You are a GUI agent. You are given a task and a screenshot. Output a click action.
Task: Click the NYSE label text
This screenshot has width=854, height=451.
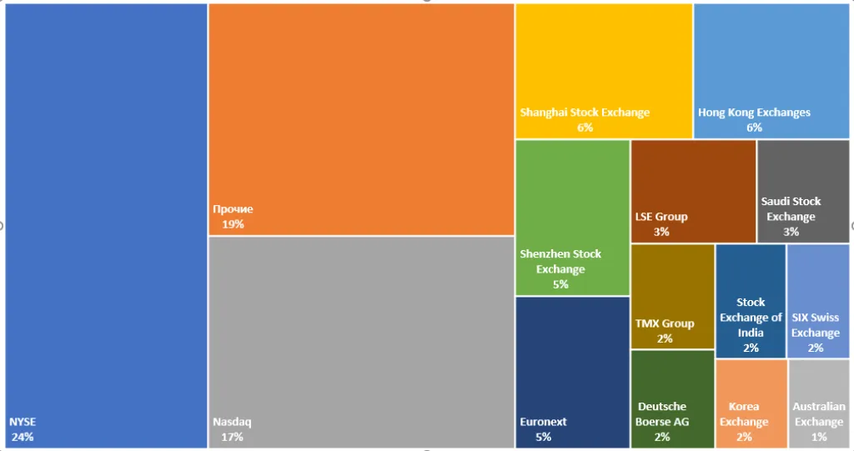click(23, 422)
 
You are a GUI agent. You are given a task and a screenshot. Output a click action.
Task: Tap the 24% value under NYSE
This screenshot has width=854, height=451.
click(23, 437)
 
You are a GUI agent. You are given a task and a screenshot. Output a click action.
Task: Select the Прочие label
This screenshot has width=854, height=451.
click(233, 209)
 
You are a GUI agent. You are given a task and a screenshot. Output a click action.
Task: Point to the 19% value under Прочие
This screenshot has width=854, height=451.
click(233, 224)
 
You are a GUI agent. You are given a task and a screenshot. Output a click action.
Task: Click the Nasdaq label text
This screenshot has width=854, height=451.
click(232, 422)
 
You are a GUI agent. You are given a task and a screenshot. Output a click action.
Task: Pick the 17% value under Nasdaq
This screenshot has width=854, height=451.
click(233, 437)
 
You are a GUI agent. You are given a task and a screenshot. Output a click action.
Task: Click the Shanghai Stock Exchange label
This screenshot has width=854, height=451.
click(585, 113)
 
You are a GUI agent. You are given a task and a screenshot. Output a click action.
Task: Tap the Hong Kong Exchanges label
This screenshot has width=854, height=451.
click(754, 113)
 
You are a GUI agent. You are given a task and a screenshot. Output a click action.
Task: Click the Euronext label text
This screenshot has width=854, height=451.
click(542, 422)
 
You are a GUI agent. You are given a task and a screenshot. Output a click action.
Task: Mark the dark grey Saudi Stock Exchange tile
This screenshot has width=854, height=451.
click(803, 179)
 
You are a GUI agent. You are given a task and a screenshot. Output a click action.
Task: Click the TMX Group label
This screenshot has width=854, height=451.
click(665, 323)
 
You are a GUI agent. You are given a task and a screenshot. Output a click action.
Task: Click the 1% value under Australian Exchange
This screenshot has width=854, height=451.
click(819, 437)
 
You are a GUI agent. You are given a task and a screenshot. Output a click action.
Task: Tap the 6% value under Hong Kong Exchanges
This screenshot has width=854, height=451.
click(754, 128)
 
